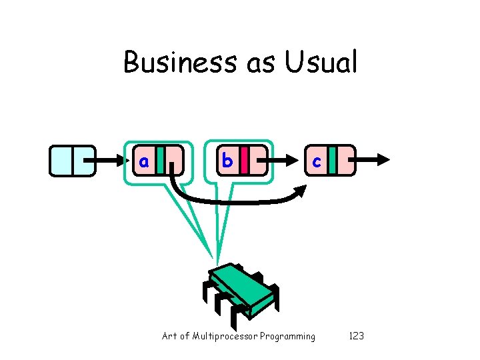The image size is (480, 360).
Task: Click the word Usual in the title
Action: tap(321, 63)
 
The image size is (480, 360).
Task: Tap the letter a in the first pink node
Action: tap(143, 161)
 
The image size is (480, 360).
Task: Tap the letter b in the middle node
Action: tap(227, 161)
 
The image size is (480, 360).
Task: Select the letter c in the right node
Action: tap(317, 161)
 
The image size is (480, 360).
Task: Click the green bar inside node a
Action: tap(161, 160)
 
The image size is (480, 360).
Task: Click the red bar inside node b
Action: tap(245, 160)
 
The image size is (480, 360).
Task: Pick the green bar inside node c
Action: tap(331, 160)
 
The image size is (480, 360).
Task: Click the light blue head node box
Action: tap(72, 160)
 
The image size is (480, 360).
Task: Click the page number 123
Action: tap(357, 336)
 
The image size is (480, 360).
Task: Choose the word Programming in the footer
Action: tap(288, 337)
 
